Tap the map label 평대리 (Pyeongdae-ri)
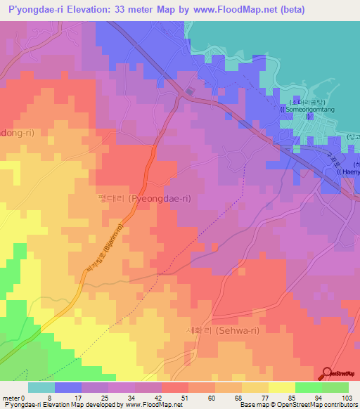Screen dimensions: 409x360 pyautogui.click(x=144, y=199)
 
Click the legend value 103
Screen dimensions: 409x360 pyautogui.click(x=346, y=397)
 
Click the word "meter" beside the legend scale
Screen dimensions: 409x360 pyautogui.click(x=10, y=397)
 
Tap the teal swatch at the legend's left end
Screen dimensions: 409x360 pyautogui.click(x=41, y=387)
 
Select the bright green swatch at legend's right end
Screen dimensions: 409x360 pyautogui.click(x=335, y=387)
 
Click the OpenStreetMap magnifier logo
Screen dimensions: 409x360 pyautogui.click(x=328, y=374)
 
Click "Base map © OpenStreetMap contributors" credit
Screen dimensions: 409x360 pyautogui.click(x=298, y=405)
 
